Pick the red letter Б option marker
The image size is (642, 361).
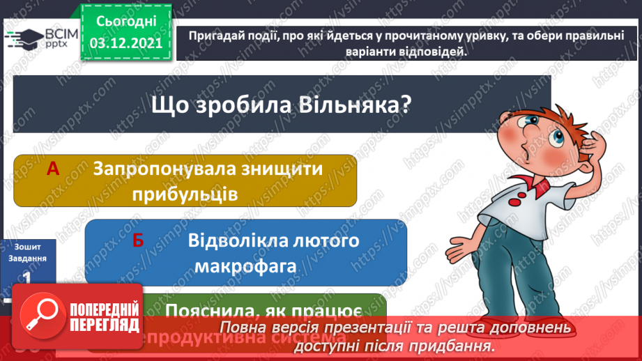137,241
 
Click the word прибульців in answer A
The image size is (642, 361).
184,194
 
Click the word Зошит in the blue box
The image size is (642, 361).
26,246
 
